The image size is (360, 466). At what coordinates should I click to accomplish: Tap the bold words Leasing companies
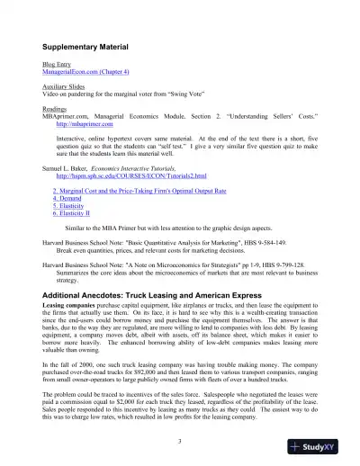71,307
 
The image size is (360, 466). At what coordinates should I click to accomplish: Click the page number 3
180,440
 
